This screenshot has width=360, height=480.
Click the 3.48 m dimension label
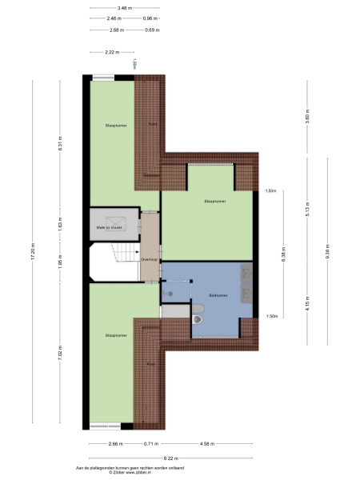[124, 8]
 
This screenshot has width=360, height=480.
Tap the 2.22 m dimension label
[112, 53]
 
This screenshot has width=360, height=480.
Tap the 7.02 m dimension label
[60, 352]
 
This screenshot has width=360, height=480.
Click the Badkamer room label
[218, 295]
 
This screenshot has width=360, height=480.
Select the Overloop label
[149, 259]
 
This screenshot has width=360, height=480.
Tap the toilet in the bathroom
[199, 321]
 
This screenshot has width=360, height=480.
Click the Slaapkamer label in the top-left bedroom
[116, 126]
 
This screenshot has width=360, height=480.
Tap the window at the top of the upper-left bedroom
[104, 77]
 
